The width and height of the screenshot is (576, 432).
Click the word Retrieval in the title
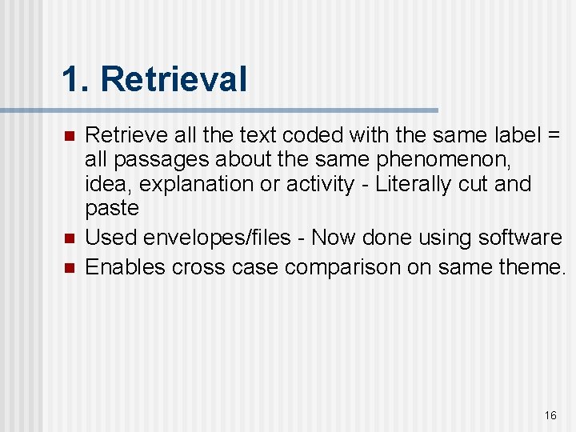tap(174, 80)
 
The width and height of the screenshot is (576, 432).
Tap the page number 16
tap(550, 415)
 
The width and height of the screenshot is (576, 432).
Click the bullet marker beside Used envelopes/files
tap(70, 238)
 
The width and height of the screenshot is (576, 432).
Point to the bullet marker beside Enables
tap(70, 267)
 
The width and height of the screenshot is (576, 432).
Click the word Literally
tap(416, 184)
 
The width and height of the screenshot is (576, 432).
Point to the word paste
tap(112, 209)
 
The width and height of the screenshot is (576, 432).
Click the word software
tap(520, 238)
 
